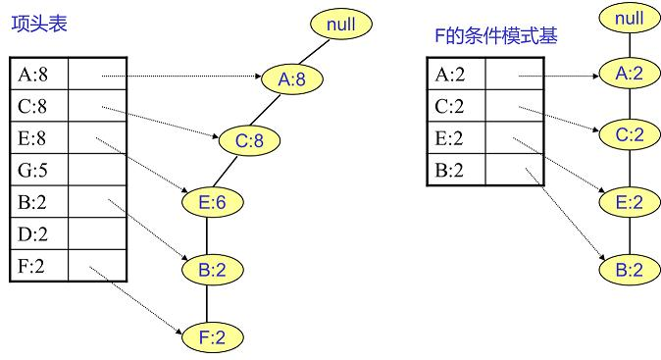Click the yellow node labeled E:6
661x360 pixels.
tap(212, 202)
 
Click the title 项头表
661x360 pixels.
tap(40, 23)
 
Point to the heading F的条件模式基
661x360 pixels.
tap(495, 37)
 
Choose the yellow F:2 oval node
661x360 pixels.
tap(211, 337)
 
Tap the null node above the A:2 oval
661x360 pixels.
tap(629, 17)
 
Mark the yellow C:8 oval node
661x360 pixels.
tap(249, 141)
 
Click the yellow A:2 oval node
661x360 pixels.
tap(629, 73)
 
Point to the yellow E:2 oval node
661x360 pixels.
tap(629, 202)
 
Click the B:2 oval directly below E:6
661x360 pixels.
tap(212, 269)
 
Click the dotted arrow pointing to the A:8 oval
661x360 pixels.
tap(181, 76)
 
